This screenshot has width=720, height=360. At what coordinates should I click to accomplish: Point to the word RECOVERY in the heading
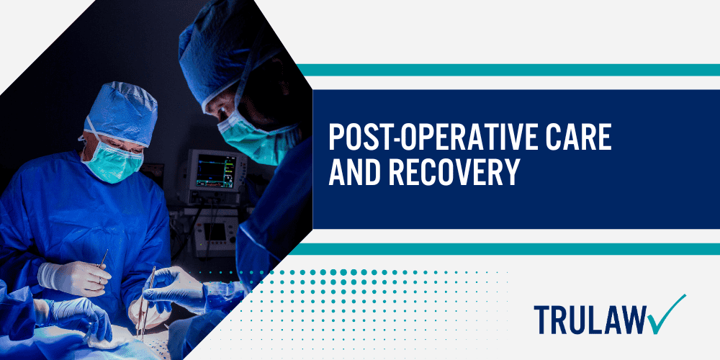click(458, 174)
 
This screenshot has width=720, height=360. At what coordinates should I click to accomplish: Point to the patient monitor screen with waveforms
click(217, 173)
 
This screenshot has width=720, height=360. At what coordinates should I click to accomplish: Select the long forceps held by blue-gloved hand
click(145, 302)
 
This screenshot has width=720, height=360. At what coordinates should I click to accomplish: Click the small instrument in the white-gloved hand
click(103, 259)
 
